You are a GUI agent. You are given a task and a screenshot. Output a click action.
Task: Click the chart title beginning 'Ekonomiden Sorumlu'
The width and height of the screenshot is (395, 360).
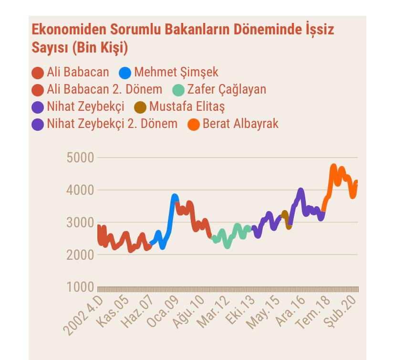tap(183, 38)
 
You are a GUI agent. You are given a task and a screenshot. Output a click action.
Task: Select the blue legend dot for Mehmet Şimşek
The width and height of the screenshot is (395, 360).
tap(125, 73)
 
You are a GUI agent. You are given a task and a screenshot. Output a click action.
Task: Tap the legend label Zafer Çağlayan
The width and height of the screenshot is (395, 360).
tap(227, 89)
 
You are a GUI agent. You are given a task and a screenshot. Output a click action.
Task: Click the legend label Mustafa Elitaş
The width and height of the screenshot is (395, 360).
tap(187, 106)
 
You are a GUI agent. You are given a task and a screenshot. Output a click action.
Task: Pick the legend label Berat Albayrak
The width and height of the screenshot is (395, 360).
tap(240, 124)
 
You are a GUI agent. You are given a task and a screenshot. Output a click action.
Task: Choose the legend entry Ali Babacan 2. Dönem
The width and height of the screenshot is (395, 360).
tap(104, 89)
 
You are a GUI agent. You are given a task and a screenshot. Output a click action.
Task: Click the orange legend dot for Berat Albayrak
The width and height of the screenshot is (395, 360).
tap(194, 124)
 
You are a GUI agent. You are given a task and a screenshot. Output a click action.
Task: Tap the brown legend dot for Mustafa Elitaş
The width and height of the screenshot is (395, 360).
tap(140, 107)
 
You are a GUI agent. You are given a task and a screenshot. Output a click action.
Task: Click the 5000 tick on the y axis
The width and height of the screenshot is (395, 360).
tap(80, 158)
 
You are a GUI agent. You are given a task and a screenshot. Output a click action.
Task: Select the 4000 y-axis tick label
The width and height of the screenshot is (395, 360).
tap(80, 190)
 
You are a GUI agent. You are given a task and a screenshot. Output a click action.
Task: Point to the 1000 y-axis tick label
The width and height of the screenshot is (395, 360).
tap(80, 287)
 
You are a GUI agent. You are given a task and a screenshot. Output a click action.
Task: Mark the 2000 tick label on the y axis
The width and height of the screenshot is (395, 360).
tap(80, 255)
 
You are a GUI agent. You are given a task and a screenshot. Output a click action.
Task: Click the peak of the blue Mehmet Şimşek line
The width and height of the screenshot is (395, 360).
tap(175, 196)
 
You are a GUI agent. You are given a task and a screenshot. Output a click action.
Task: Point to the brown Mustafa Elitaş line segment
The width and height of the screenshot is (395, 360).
tap(287, 219)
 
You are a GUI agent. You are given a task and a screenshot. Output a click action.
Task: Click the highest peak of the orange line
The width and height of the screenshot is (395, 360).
tap(333, 167)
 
